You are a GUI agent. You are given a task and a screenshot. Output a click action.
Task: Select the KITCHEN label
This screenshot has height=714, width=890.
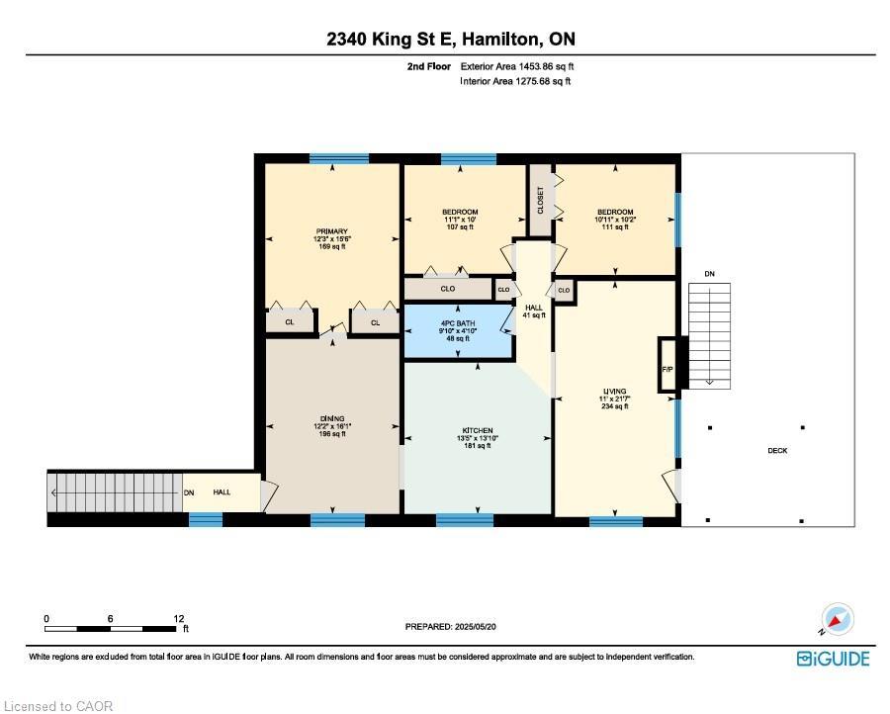pyautogui.click(x=476, y=430)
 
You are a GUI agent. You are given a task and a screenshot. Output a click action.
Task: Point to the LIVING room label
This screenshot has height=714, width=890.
pyautogui.click(x=615, y=391)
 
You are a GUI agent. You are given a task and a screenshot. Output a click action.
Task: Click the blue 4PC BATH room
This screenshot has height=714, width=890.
pyautogui.click(x=458, y=332)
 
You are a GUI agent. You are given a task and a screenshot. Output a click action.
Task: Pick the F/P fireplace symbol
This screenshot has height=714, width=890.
pyautogui.click(x=667, y=368)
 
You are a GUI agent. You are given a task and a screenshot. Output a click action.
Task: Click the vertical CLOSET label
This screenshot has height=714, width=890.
pyautogui.click(x=540, y=200)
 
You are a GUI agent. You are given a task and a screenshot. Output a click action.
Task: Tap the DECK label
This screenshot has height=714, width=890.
pyautogui.click(x=778, y=451)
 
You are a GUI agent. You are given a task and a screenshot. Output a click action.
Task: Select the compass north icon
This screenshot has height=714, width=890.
pyautogui.click(x=837, y=621)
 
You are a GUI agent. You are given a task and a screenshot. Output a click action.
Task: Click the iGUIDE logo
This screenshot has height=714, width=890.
pyautogui.click(x=833, y=659)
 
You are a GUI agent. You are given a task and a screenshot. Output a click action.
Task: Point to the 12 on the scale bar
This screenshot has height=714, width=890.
pyautogui.click(x=179, y=619)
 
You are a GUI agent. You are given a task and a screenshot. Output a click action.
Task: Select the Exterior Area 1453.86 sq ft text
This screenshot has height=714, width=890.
pyautogui.click(x=516, y=66)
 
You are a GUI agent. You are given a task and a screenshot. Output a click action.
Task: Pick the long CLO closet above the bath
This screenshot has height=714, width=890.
pyautogui.click(x=448, y=289)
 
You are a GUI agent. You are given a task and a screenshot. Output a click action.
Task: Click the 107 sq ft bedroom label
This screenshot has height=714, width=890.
pyautogui.click(x=460, y=220)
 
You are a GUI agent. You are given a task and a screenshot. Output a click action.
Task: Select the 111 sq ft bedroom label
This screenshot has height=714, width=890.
pyautogui.click(x=614, y=220)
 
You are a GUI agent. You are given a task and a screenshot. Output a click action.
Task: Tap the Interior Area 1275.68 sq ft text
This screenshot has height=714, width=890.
pyautogui.click(x=515, y=81)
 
